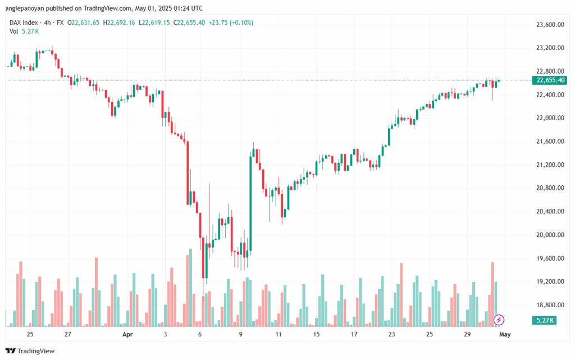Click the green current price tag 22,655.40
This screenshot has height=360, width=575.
(550, 80)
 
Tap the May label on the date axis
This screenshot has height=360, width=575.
(505, 334)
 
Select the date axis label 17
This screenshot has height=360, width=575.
(355, 334)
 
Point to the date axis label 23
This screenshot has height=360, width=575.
(391, 334)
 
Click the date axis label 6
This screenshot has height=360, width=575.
(200, 334)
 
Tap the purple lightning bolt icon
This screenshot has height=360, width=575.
(499, 320)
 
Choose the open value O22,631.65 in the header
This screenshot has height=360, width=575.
(84, 22)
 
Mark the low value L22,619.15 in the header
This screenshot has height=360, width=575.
(156, 22)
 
